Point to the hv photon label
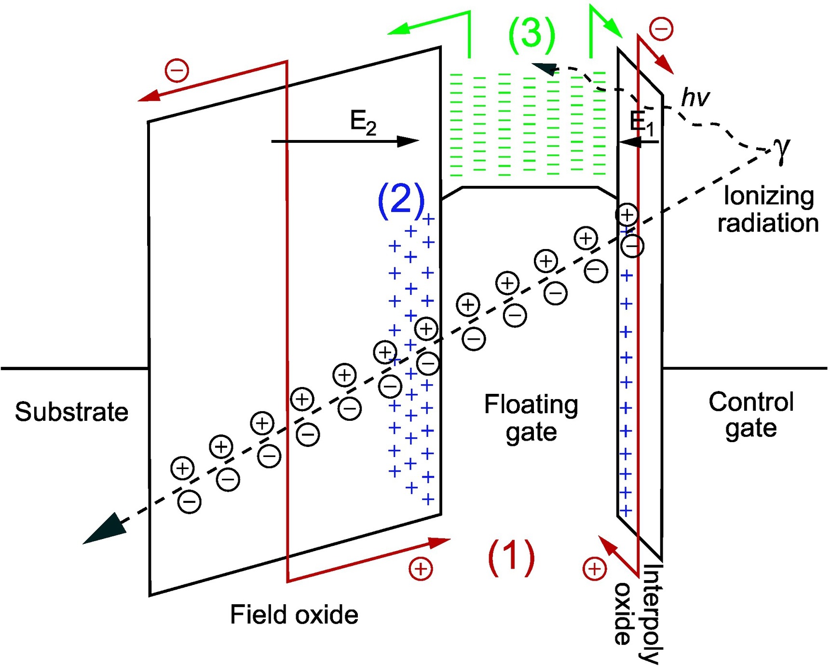[x=695, y=98]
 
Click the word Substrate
[x=71, y=412]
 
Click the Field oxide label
[x=294, y=614]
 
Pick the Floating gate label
[x=531, y=417]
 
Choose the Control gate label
[x=751, y=415]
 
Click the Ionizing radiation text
[x=768, y=209]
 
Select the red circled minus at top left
[x=177, y=70]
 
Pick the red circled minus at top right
[x=661, y=28]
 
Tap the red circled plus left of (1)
[x=421, y=569]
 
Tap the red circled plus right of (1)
[x=594, y=569]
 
